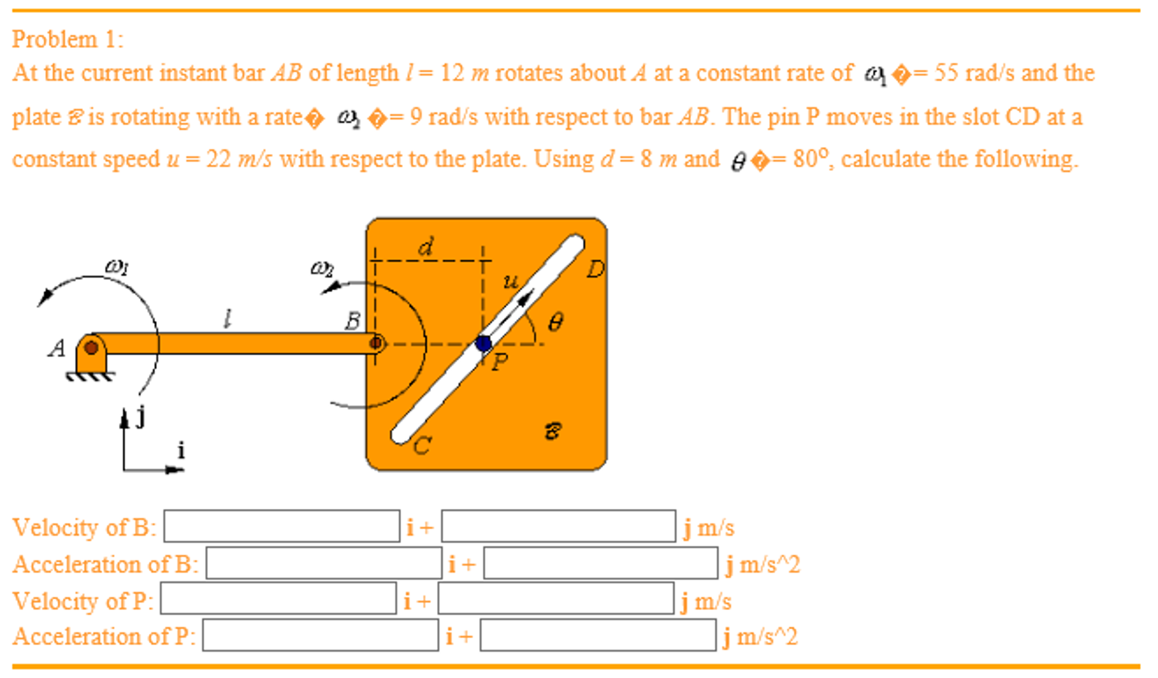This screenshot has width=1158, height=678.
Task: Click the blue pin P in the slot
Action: [x=483, y=343]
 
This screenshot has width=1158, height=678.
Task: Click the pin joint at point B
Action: [x=376, y=343]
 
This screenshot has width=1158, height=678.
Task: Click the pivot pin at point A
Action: [x=91, y=347]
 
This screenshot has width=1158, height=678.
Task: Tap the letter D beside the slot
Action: [x=595, y=269]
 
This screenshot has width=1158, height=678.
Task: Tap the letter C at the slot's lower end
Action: [x=422, y=446]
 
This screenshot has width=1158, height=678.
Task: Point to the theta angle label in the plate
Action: [x=555, y=323]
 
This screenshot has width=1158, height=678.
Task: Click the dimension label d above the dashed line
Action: [x=426, y=247]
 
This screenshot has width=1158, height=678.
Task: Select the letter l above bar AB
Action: [x=227, y=318]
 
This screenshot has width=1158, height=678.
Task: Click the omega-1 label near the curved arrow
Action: [x=117, y=265]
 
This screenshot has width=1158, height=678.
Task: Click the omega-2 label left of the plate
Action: [x=322, y=267]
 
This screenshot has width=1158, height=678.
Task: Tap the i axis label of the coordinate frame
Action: [x=181, y=450]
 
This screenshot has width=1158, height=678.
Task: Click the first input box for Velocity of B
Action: [x=281, y=526]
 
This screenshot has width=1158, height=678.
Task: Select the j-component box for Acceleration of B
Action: [x=600, y=563]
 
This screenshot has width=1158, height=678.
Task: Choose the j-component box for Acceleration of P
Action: [x=598, y=636]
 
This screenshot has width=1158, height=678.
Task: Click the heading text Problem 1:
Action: [x=67, y=40]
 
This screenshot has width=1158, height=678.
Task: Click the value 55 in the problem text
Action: [x=946, y=73]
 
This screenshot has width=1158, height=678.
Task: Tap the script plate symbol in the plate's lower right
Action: [x=552, y=431]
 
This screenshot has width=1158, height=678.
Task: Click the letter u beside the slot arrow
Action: [x=510, y=281]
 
